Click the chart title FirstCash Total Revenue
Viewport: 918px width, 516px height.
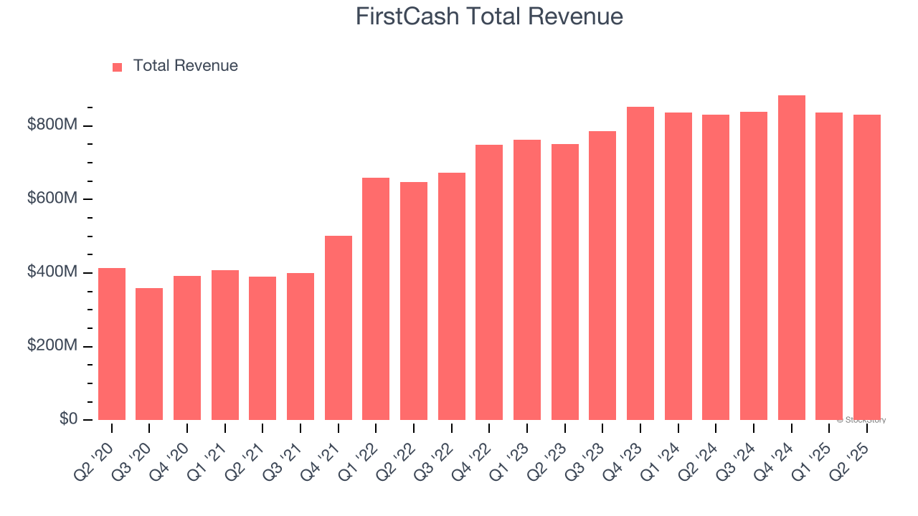(489, 16)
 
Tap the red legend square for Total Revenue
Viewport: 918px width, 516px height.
(118, 67)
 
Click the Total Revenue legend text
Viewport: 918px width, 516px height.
(185, 66)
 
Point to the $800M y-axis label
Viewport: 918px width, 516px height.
(52, 125)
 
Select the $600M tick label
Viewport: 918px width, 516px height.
(52, 199)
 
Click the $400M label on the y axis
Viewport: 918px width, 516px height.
(52, 272)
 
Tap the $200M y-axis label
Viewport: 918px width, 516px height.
(52, 345)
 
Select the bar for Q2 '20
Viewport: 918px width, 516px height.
(112, 344)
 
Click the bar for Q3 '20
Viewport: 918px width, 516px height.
(149, 354)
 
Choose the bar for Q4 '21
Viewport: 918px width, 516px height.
(339, 328)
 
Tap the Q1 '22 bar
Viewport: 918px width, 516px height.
(376, 299)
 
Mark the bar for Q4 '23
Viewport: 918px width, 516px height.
(640, 263)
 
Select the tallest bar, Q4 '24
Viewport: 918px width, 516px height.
(792, 257)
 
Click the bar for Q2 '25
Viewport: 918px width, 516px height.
(867, 267)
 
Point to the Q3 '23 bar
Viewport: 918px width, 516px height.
(602, 275)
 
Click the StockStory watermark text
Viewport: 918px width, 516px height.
(861, 420)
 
